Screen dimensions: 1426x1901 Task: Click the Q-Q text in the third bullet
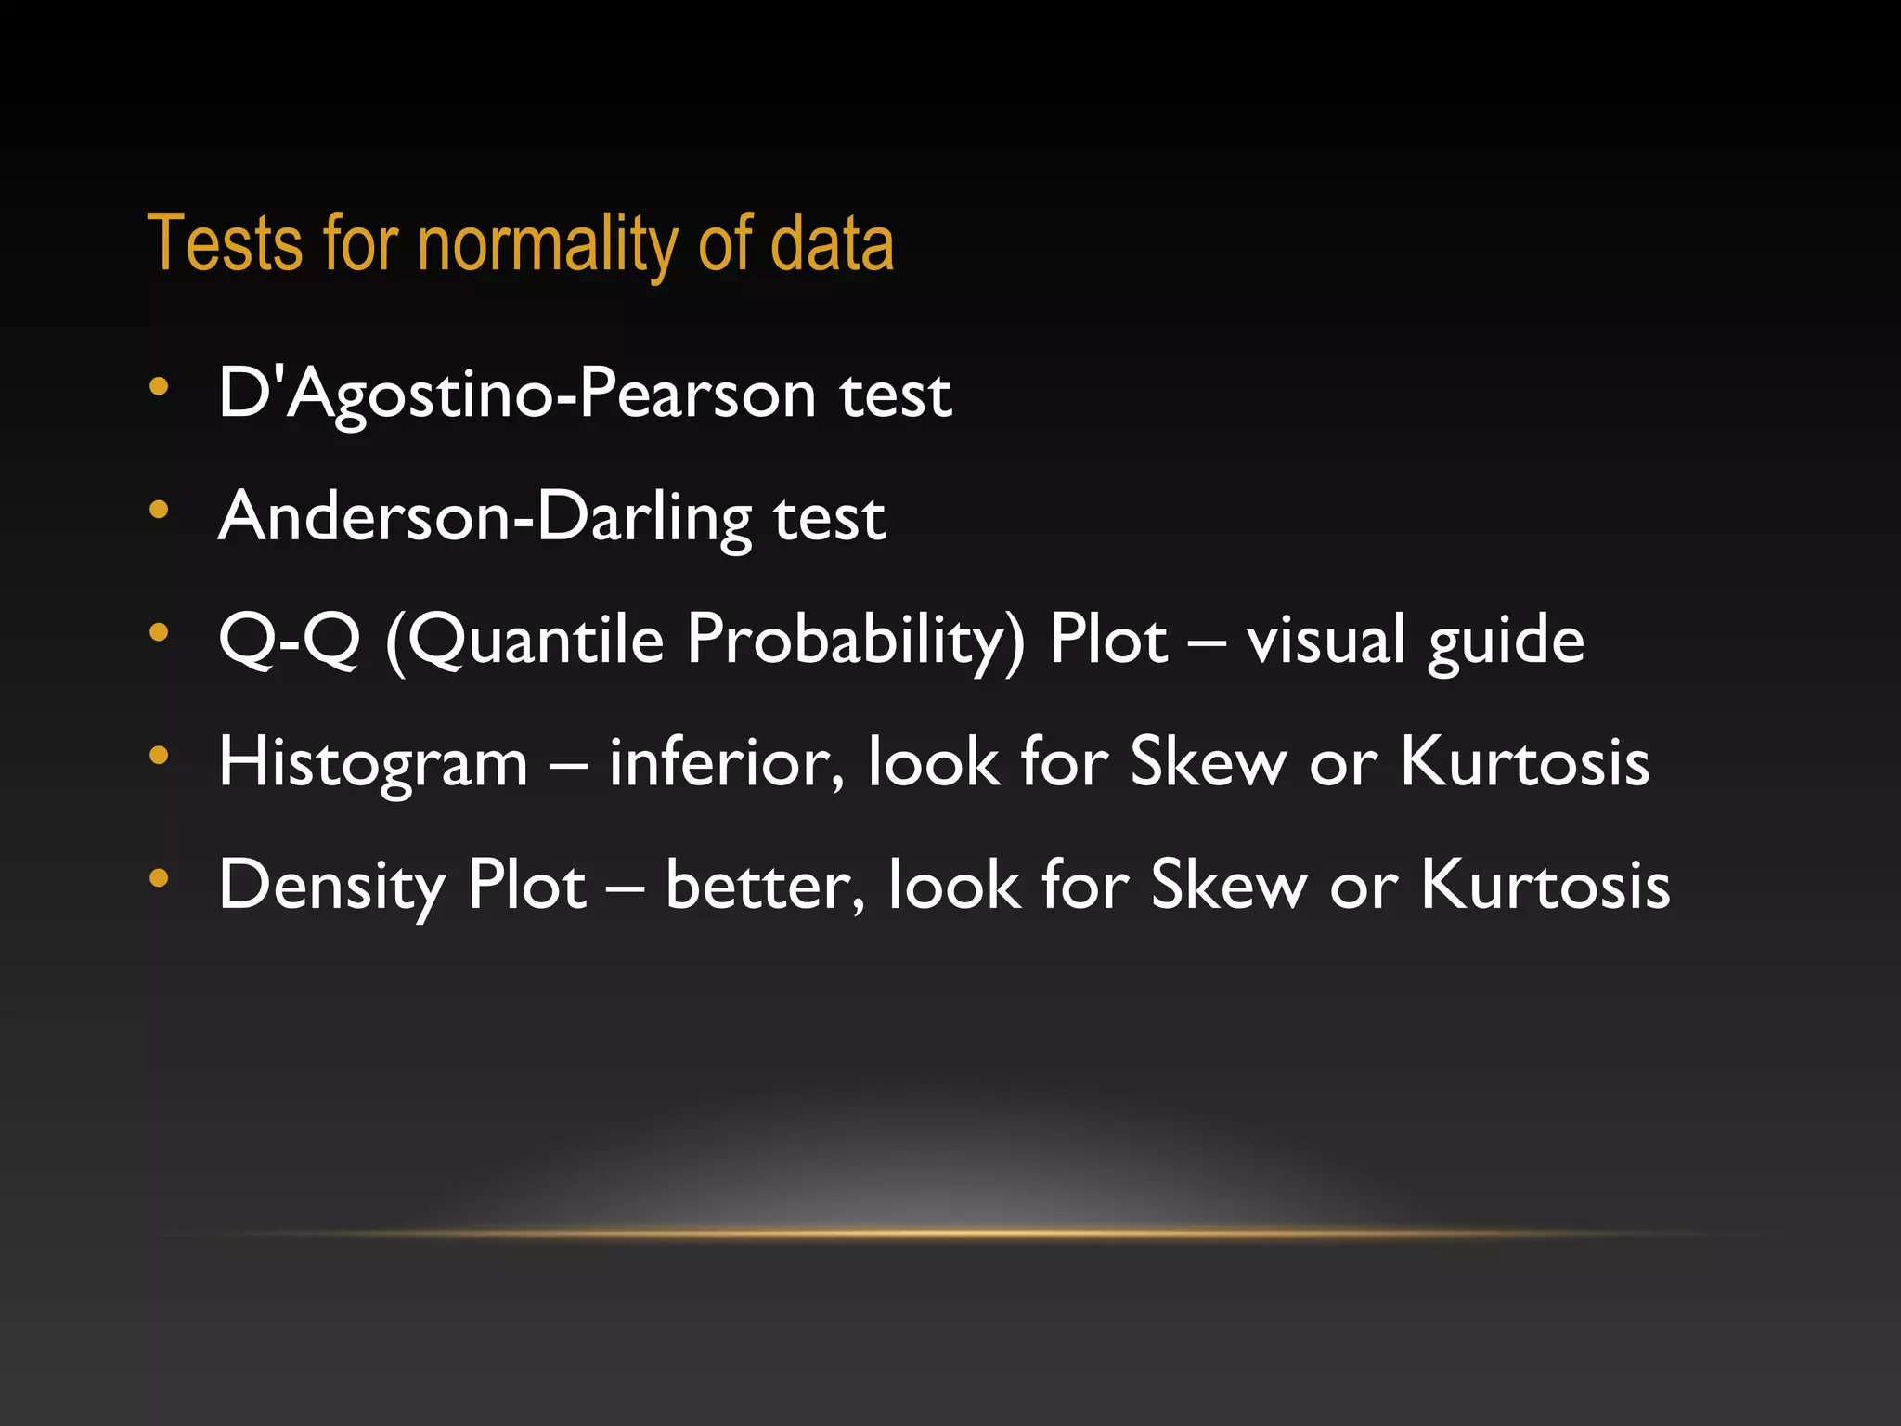coord(289,640)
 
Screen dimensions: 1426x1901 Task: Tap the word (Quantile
coord(524,640)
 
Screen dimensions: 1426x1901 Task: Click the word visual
coord(1326,640)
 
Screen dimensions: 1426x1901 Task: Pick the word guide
coord(1506,640)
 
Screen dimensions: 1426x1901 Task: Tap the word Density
coord(331,885)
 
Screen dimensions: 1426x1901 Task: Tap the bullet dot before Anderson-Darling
coord(159,509)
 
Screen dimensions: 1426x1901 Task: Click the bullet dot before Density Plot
coord(159,876)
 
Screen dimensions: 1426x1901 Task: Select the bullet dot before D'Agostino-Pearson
coord(159,386)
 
